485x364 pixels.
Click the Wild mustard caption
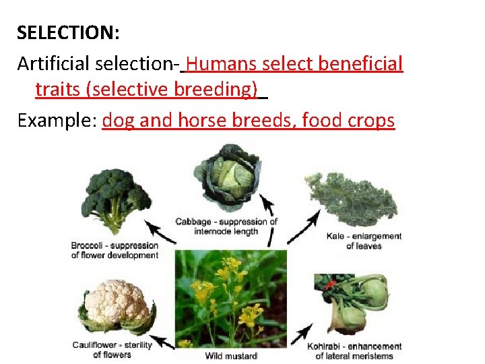pos(231,355)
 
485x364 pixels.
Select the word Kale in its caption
pos(337,237)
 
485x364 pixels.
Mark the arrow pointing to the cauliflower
pos(162,341)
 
